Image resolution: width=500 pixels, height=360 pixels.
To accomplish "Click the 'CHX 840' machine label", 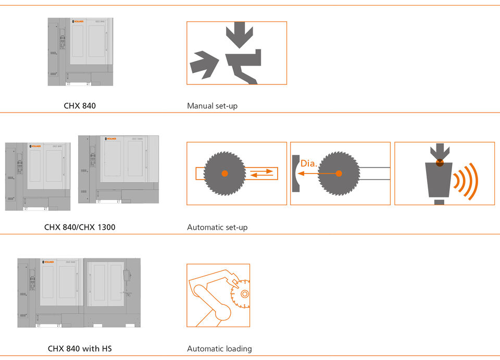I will [x=80, y=106].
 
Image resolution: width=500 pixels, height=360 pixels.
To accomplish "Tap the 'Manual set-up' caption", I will [x=212, y=106].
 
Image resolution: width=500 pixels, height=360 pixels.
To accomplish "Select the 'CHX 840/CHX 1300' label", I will [x=80, y=227].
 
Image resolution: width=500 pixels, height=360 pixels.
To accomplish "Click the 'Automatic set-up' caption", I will [x=217, y=227].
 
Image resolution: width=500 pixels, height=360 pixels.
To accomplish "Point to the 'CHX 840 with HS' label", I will [x=80, y=349].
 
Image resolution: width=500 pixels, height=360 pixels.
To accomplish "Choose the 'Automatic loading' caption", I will [x=219, y=349].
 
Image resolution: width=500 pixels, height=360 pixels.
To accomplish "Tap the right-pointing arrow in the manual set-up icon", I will [x=204, y=64].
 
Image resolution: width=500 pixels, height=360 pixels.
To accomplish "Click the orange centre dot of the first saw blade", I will [x=224, y=173].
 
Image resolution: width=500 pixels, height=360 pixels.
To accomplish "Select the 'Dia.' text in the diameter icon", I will [x=309, y=164].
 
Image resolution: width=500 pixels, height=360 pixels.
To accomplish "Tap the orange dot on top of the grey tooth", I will [x=440, y=162].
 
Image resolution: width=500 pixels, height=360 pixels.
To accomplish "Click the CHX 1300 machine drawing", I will [x=118, y=169].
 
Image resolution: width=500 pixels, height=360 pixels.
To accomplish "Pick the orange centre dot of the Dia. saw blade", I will [x=339, y=173].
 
